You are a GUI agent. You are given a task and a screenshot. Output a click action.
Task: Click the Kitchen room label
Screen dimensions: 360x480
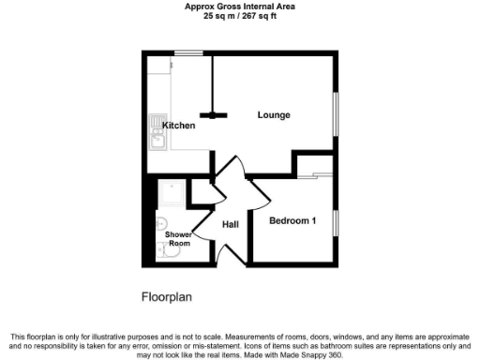tap(178, 125)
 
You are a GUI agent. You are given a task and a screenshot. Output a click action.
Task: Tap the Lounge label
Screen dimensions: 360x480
tap(274, 115)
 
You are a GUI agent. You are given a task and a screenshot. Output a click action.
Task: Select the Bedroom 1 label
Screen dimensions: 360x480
tap(292, 221)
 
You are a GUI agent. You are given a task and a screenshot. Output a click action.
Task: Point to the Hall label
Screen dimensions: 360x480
tap(231, 224)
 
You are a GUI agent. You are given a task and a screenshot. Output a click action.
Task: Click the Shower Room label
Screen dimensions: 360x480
tap(178, 238)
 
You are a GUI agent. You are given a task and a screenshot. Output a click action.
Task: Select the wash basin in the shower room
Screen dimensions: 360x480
tap(160, 224)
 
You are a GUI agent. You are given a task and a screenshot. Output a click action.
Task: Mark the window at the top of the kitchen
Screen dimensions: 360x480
tap(191, 53)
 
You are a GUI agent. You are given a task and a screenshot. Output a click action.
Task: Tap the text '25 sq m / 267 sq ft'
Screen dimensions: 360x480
tap(240, 15)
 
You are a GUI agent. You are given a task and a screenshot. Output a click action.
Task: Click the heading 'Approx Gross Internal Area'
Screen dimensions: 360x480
tap(240, 6)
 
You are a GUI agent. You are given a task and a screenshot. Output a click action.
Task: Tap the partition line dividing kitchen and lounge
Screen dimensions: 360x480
tap(214, 84)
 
